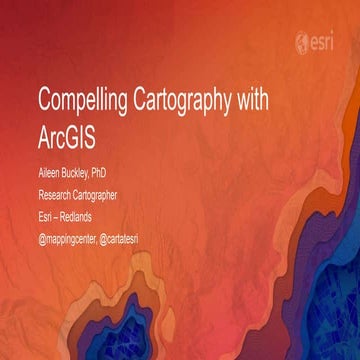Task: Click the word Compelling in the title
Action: tap(79, 101)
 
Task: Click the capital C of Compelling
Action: tap(44, 101)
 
